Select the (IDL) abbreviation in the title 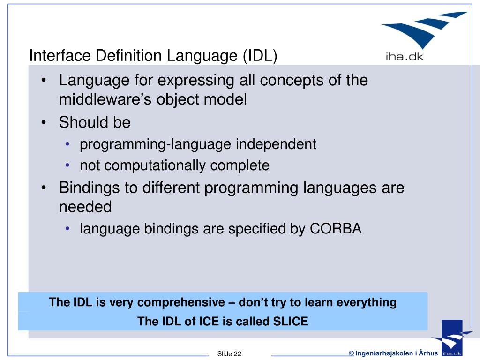pyautogui.click(x=260, y=56)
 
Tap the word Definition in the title pyautogui.click(x=127, y=56)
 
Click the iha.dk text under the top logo pyautogui.click(x=404, y=58)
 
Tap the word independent pyautogui.click(x=276, y=144)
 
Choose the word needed pyautogui.click(x=85, y=207)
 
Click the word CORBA pyautogui.click(x=335, y=229)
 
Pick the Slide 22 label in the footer pyautogui.click(x=229, y=353)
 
